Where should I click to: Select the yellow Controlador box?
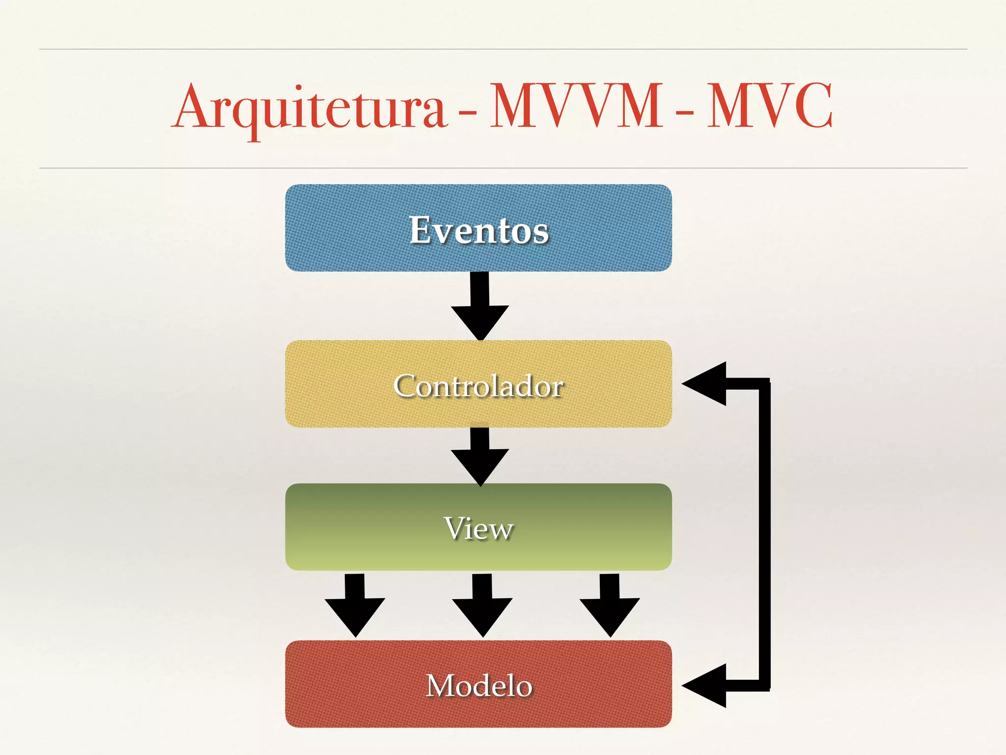334,408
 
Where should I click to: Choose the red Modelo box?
344,708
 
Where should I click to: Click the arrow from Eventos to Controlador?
480,310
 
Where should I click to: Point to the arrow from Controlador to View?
480,457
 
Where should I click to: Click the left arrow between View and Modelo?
355,607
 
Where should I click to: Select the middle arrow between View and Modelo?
482,607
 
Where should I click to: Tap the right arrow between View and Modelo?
610,607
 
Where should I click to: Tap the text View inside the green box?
478,528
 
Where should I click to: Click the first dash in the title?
467,114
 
